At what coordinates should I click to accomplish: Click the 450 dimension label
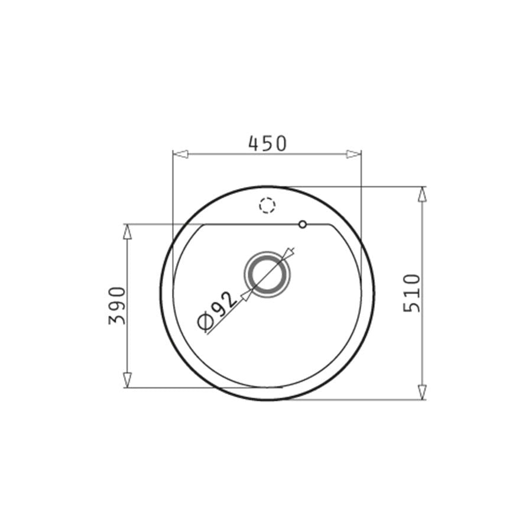268,143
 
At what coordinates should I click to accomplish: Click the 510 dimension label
412,293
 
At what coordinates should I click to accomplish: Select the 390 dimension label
117,306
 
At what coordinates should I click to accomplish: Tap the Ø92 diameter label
216,311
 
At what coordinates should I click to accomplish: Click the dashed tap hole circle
267,205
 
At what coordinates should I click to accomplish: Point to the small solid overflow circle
303,224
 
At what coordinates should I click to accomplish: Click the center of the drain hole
267,274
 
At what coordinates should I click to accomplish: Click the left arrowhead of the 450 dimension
180,154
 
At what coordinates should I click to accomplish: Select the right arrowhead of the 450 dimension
353,154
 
